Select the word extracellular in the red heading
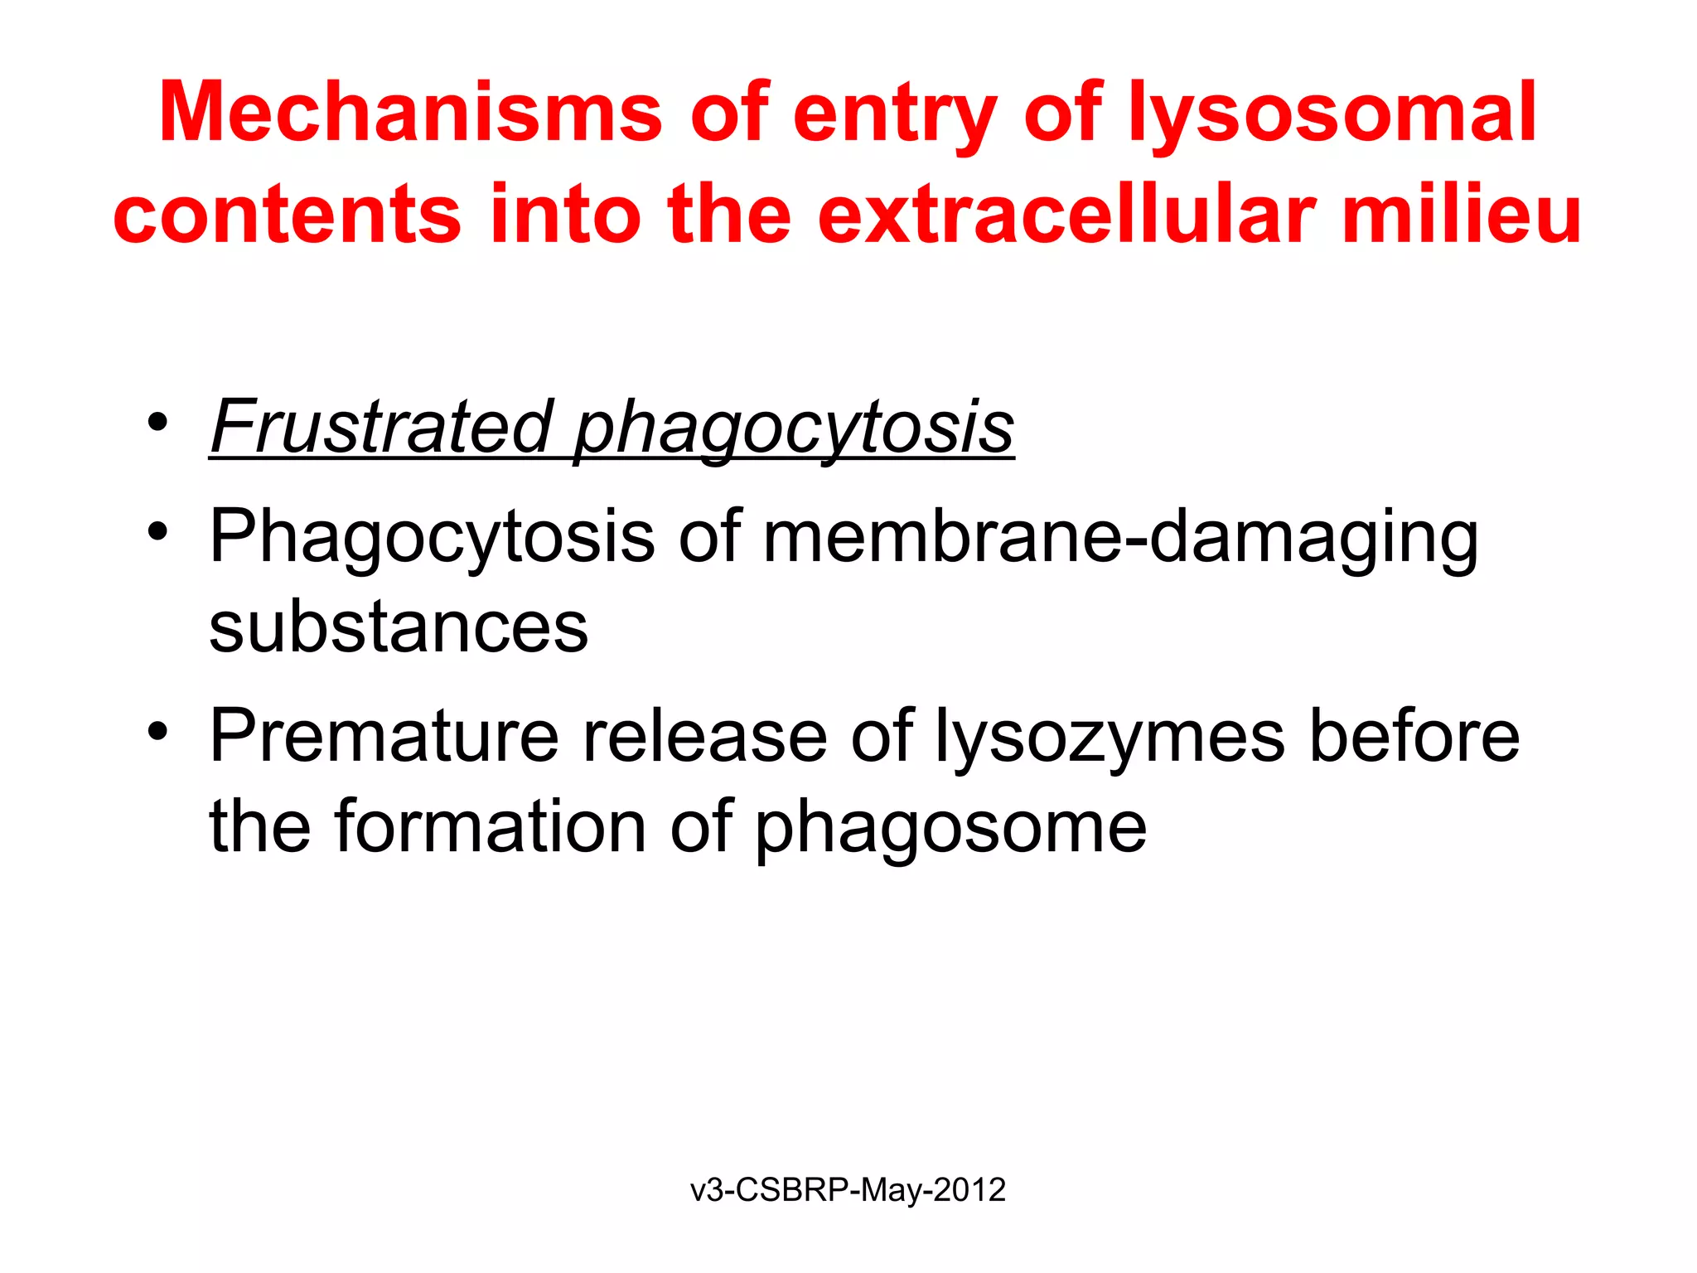[1066, 215]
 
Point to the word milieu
[1461, 215]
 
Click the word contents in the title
[287, 215]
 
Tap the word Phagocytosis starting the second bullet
[432, 537]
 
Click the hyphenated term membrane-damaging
[1119, 537]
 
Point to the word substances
[399, 627]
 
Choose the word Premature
[384, 735]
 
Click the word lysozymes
[1110, 735]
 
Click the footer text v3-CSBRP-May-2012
[848, 1190]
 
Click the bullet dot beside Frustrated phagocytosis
[157, 422]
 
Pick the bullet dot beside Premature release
[157, 731]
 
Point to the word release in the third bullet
[704, 735]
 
